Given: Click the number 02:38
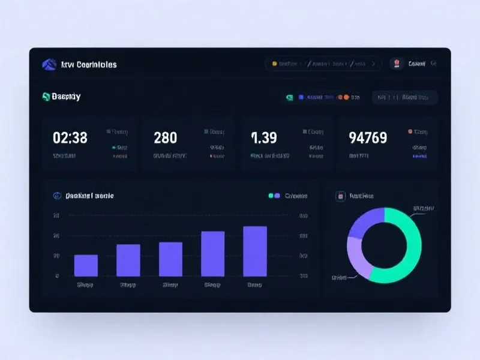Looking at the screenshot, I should click(70, 137).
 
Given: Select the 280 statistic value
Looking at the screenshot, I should click(166, 137).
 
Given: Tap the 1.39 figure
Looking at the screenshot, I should click(263, 137).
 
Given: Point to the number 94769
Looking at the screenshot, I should click(368, 137).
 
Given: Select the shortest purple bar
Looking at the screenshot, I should click(86, 265).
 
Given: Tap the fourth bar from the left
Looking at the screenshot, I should click(213, 253).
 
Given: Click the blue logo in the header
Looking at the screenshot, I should click(49, 64).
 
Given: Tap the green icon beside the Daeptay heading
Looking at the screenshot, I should click(46, 96).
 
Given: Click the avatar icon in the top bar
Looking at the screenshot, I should click(396, 64).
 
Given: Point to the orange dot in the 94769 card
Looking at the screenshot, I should click(410, 131).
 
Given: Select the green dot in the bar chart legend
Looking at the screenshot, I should click(271, 196).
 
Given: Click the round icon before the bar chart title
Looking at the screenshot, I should click(58, 196).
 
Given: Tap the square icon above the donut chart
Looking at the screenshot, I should click(340, 196).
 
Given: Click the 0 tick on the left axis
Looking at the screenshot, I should click(57, 275).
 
